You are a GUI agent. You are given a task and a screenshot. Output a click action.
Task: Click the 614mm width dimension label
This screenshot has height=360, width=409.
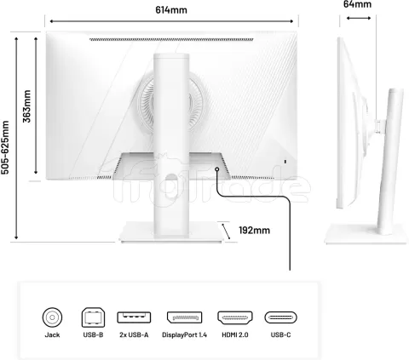pyautogui.click(x=171, y=10)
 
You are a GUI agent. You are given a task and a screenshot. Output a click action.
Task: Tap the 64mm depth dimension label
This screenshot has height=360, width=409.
pyautogui.click(x=357, y=4)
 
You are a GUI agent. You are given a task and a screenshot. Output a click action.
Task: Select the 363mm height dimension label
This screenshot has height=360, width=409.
pyautogui.click(x=27, y=106)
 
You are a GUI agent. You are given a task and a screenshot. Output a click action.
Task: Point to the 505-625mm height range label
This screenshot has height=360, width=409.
pyautogui.click(x=5, y=147)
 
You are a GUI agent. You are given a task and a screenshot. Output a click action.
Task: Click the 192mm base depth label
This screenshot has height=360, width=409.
pyautogui.click(x=254, y=230)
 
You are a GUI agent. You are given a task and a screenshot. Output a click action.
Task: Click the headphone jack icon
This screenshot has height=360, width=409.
pyautogui.click(x=52, y=317)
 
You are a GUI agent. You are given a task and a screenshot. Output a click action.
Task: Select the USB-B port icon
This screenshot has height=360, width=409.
pyautogui.click(x=93, y=317)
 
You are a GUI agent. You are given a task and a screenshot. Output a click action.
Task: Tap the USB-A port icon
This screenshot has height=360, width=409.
pyautogui.click(x=134, y=317)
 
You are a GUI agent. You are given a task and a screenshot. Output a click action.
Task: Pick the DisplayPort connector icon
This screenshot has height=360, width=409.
pyautogui.click(x=184, y=317)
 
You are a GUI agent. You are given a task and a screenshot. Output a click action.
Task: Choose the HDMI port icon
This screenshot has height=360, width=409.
pyautogui.click(x=235, y=317)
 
